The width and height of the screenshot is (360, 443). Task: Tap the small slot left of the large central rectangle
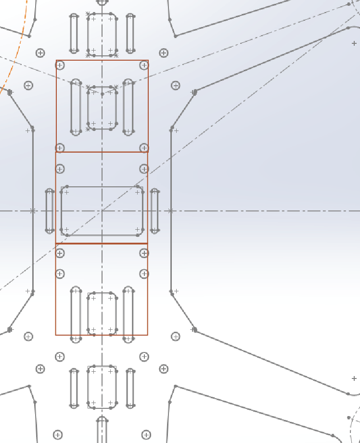[49, 211]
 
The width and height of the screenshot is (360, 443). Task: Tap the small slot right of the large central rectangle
[154, 211]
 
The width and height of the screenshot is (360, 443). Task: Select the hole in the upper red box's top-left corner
[60, 65]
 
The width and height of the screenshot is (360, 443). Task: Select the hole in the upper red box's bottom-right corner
[144, 147]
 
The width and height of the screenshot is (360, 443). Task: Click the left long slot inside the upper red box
[76, 107]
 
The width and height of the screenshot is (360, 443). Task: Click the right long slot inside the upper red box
[128, 107]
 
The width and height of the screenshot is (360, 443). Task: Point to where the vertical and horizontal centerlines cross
[102, 211]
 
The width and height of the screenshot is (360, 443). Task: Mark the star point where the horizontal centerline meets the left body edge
[33, 211]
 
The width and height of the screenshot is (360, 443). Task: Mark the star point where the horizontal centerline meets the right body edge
[171, 211]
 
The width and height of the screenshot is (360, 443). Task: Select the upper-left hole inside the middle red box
[60, 169]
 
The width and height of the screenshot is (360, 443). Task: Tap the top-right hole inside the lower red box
[144, 253]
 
